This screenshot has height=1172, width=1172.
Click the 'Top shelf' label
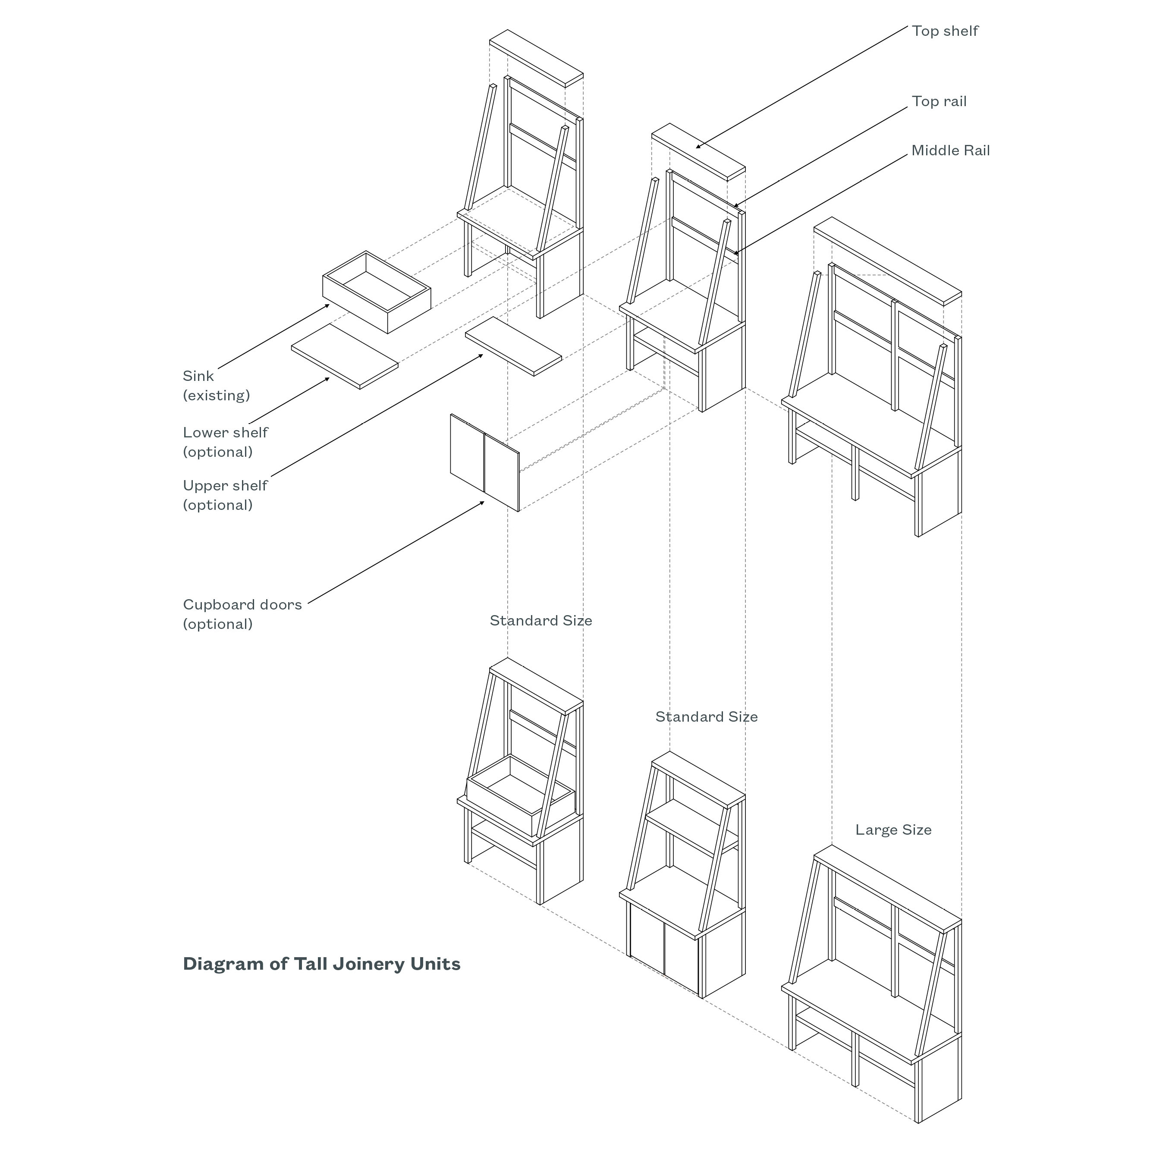(x=945, y=31)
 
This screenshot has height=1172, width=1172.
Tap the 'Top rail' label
(x=939, y=101)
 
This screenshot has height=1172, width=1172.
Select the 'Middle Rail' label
(x=951, y=151)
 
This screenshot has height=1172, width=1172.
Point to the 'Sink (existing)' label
(x=216, y=385)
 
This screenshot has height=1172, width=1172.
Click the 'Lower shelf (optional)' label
(x=225, y=442)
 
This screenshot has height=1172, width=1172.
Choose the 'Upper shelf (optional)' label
(x=225, y=495)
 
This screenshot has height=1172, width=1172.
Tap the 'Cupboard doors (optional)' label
(x=242, y=614)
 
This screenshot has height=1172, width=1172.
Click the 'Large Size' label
(x=893, y=830)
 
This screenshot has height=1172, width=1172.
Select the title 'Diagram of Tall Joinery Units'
(x=321, y=964)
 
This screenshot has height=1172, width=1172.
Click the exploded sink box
(x=376, y=292)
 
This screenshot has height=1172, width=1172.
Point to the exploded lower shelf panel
(x=345, y=356)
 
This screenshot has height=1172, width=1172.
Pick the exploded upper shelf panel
(x=513, y=346)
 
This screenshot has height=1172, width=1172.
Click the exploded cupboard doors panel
(x=485, y=462)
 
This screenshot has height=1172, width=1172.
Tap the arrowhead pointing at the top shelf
(x=698, y=146)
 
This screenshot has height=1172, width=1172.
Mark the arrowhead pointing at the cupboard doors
(x=482, y=502)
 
